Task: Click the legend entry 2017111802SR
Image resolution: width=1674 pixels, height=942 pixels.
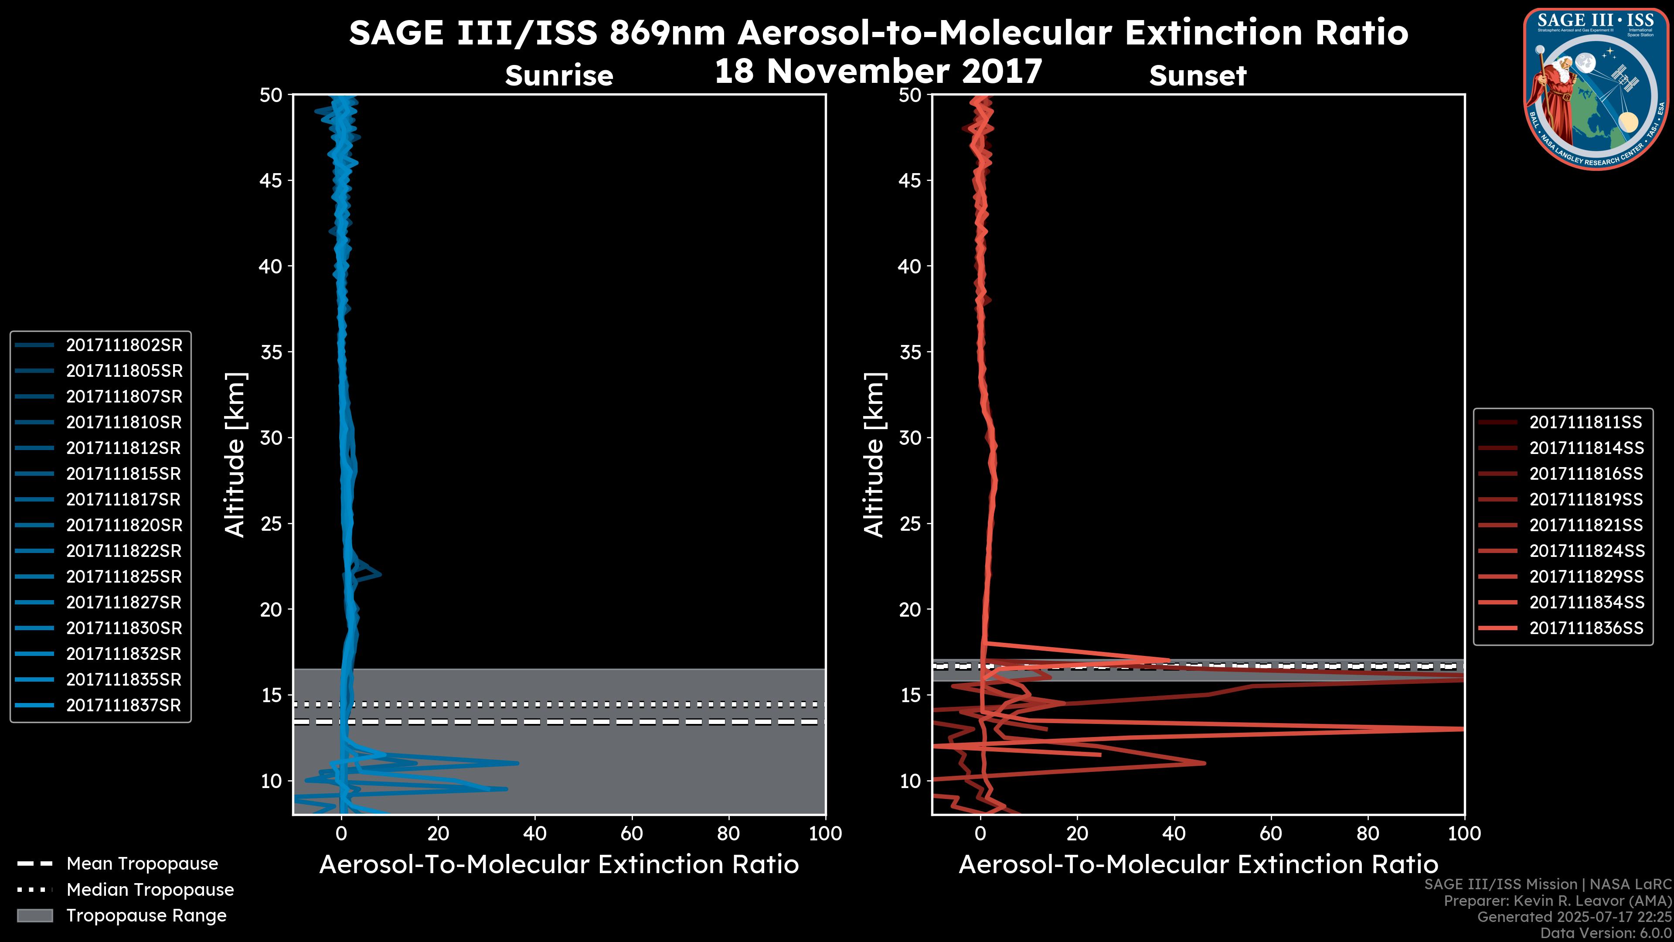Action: (x=123, y=345)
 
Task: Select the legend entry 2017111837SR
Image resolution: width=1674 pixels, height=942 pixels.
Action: (x=123, y=705)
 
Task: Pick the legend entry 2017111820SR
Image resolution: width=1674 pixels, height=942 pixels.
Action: (x=123, y=525)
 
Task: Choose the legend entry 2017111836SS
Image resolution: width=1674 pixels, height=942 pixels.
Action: (x=1586, y=628)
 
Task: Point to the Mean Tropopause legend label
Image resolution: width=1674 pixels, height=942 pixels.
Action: (x=142, y=864)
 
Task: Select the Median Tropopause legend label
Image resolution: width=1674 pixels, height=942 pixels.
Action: (x=150, y=890)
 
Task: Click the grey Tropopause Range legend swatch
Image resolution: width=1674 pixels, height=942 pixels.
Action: (x=35, y=915)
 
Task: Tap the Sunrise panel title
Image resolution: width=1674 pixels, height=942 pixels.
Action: (x=559, y=76)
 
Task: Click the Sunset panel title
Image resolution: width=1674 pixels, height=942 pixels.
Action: (x=1198, y=76)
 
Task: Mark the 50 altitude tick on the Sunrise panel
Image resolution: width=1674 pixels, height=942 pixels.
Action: (x=271, y=96)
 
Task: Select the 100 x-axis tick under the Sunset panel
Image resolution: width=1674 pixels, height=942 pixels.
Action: (x=1464, y=833)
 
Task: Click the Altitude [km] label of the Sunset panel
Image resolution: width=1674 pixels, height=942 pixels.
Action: (x=874, y=454)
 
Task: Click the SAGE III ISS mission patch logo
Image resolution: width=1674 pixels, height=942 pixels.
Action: (x=1597, y=89)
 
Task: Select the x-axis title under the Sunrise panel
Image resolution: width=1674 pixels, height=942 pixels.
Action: (x=559, y=865)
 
